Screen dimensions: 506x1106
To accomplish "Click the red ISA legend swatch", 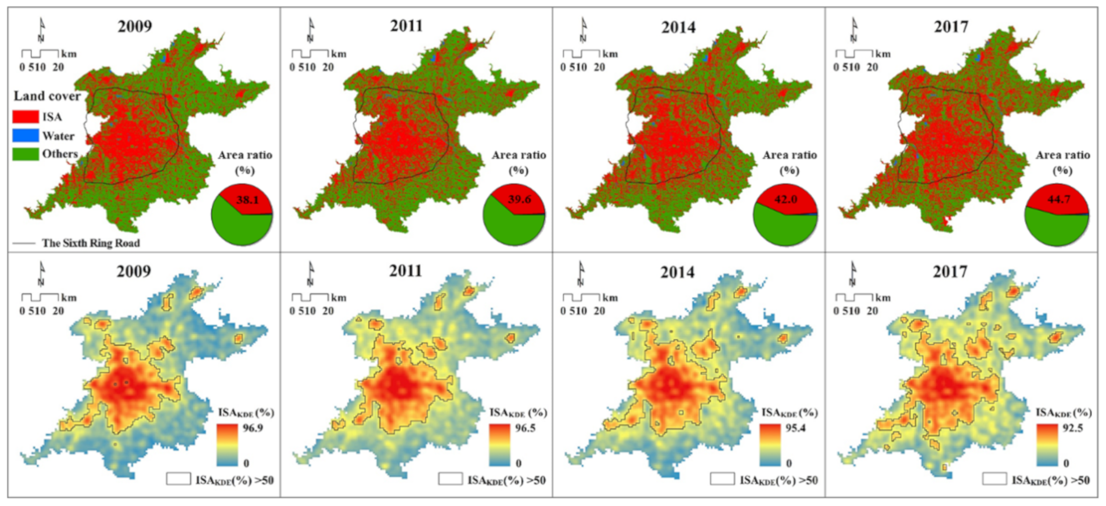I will (25, 117).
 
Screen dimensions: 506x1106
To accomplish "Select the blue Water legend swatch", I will (25, 136).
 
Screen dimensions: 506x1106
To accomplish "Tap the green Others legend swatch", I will (25, 154).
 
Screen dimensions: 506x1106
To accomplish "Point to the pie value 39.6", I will (519, 199).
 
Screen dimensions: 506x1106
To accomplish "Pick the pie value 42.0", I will (786, 199).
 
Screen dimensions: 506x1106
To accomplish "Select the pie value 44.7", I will (1059, 199).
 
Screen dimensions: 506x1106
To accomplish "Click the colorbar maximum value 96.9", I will (253, 428).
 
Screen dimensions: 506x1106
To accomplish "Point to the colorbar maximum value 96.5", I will (525, 428).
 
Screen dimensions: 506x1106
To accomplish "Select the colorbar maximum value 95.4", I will (796, 428).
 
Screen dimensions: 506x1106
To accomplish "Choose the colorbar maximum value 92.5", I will (1072, 428).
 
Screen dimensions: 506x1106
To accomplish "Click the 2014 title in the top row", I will (678, 28).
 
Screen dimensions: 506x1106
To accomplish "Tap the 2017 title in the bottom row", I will (950, 272).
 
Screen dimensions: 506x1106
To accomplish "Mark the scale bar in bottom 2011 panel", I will (310, 297).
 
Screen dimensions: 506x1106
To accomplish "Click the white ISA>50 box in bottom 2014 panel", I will (722, 479).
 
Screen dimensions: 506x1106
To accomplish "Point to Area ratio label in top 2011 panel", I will (519, 156).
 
